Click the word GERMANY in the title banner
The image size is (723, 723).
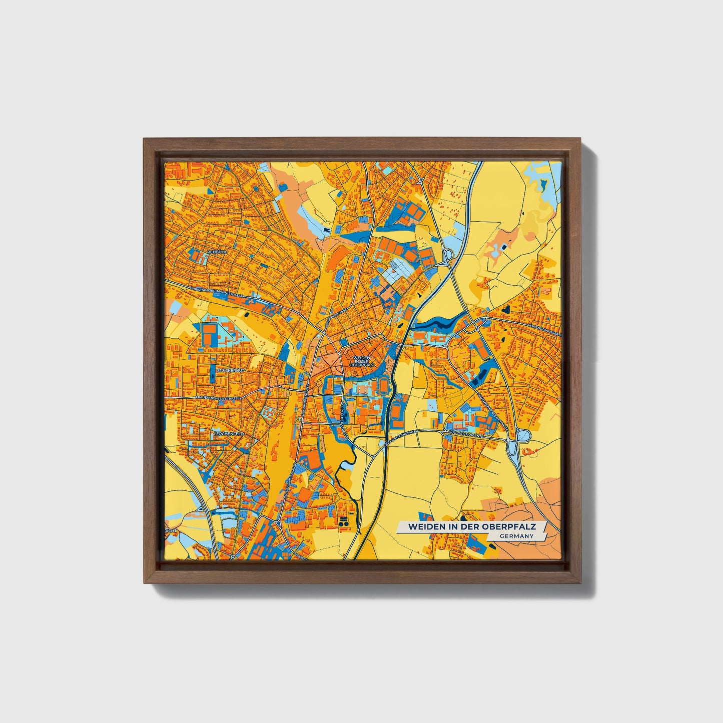(515, 536)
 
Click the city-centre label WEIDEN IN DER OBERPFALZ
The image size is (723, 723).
(361, 361)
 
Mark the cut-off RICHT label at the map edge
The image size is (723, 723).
(171, 530)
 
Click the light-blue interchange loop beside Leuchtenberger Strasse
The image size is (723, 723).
(524, 436)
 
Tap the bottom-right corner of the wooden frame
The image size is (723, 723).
(582, 583)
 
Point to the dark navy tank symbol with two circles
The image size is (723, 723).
(344, 522)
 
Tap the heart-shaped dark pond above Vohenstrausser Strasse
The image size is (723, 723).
(508, 309)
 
